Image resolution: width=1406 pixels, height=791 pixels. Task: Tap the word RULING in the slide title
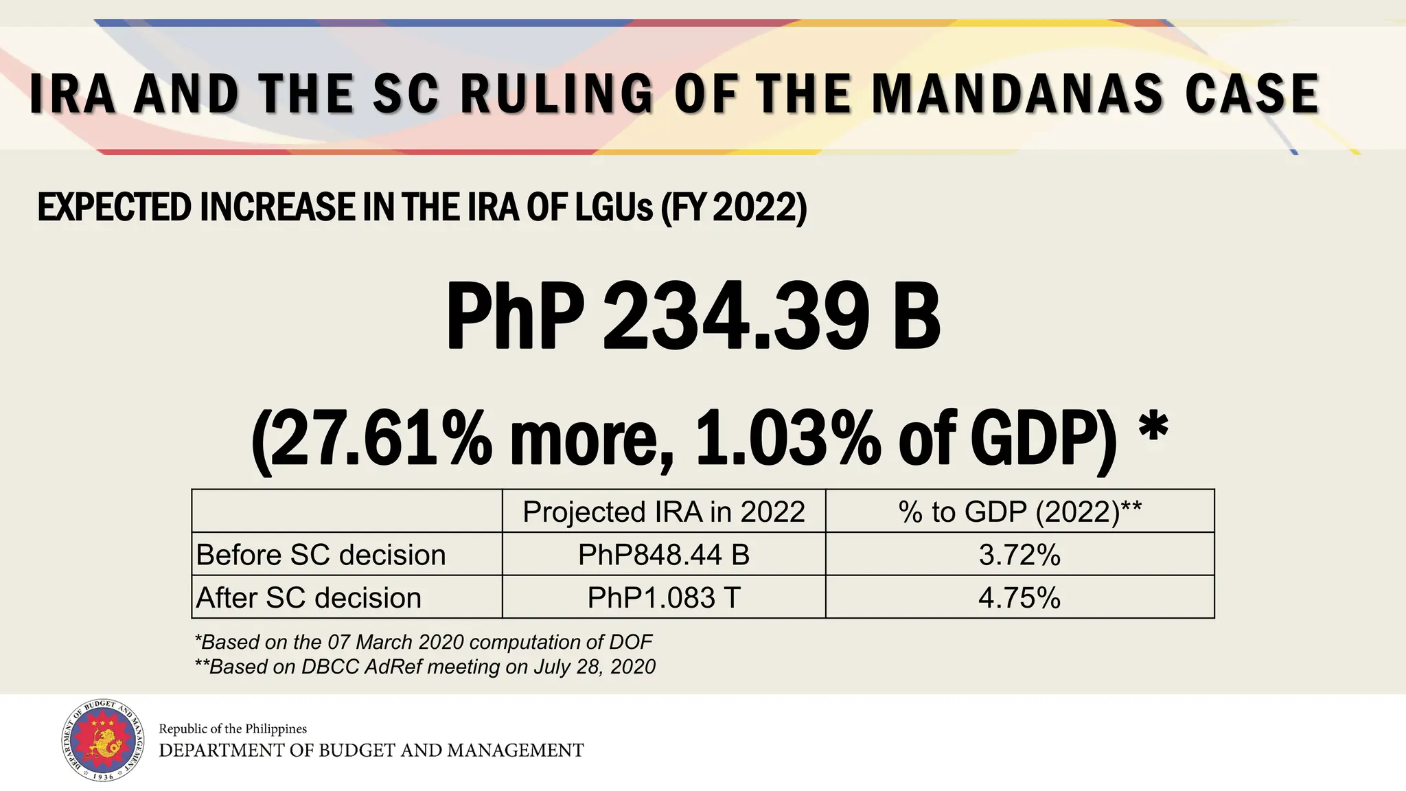(557, 93)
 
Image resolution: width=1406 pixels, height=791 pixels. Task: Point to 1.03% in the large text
(788, 438)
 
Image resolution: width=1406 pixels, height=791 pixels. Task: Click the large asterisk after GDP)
(1153, 427)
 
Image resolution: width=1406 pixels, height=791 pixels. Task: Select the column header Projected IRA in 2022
(663, 512)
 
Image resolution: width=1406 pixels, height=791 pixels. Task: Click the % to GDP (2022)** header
(1019, 512)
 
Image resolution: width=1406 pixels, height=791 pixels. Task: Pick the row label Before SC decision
(321, 555)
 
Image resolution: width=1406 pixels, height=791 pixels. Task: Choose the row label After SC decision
(308, 598)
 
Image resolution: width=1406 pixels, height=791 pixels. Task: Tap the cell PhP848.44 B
(663, 555)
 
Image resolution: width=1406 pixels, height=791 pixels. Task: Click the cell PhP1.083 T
(663, 598)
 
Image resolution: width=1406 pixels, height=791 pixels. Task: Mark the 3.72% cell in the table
(1019, 555)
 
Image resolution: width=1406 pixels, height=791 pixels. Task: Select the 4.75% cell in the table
(1019, 598)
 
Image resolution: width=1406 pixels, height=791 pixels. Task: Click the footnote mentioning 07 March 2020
(423, 642)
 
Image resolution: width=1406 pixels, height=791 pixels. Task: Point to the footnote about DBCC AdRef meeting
(425, 667)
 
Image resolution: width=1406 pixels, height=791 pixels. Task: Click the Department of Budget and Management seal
(104, 741)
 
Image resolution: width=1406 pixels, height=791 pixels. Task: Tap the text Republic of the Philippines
(233, 729)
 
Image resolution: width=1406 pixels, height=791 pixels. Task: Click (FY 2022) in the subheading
(733, 207)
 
